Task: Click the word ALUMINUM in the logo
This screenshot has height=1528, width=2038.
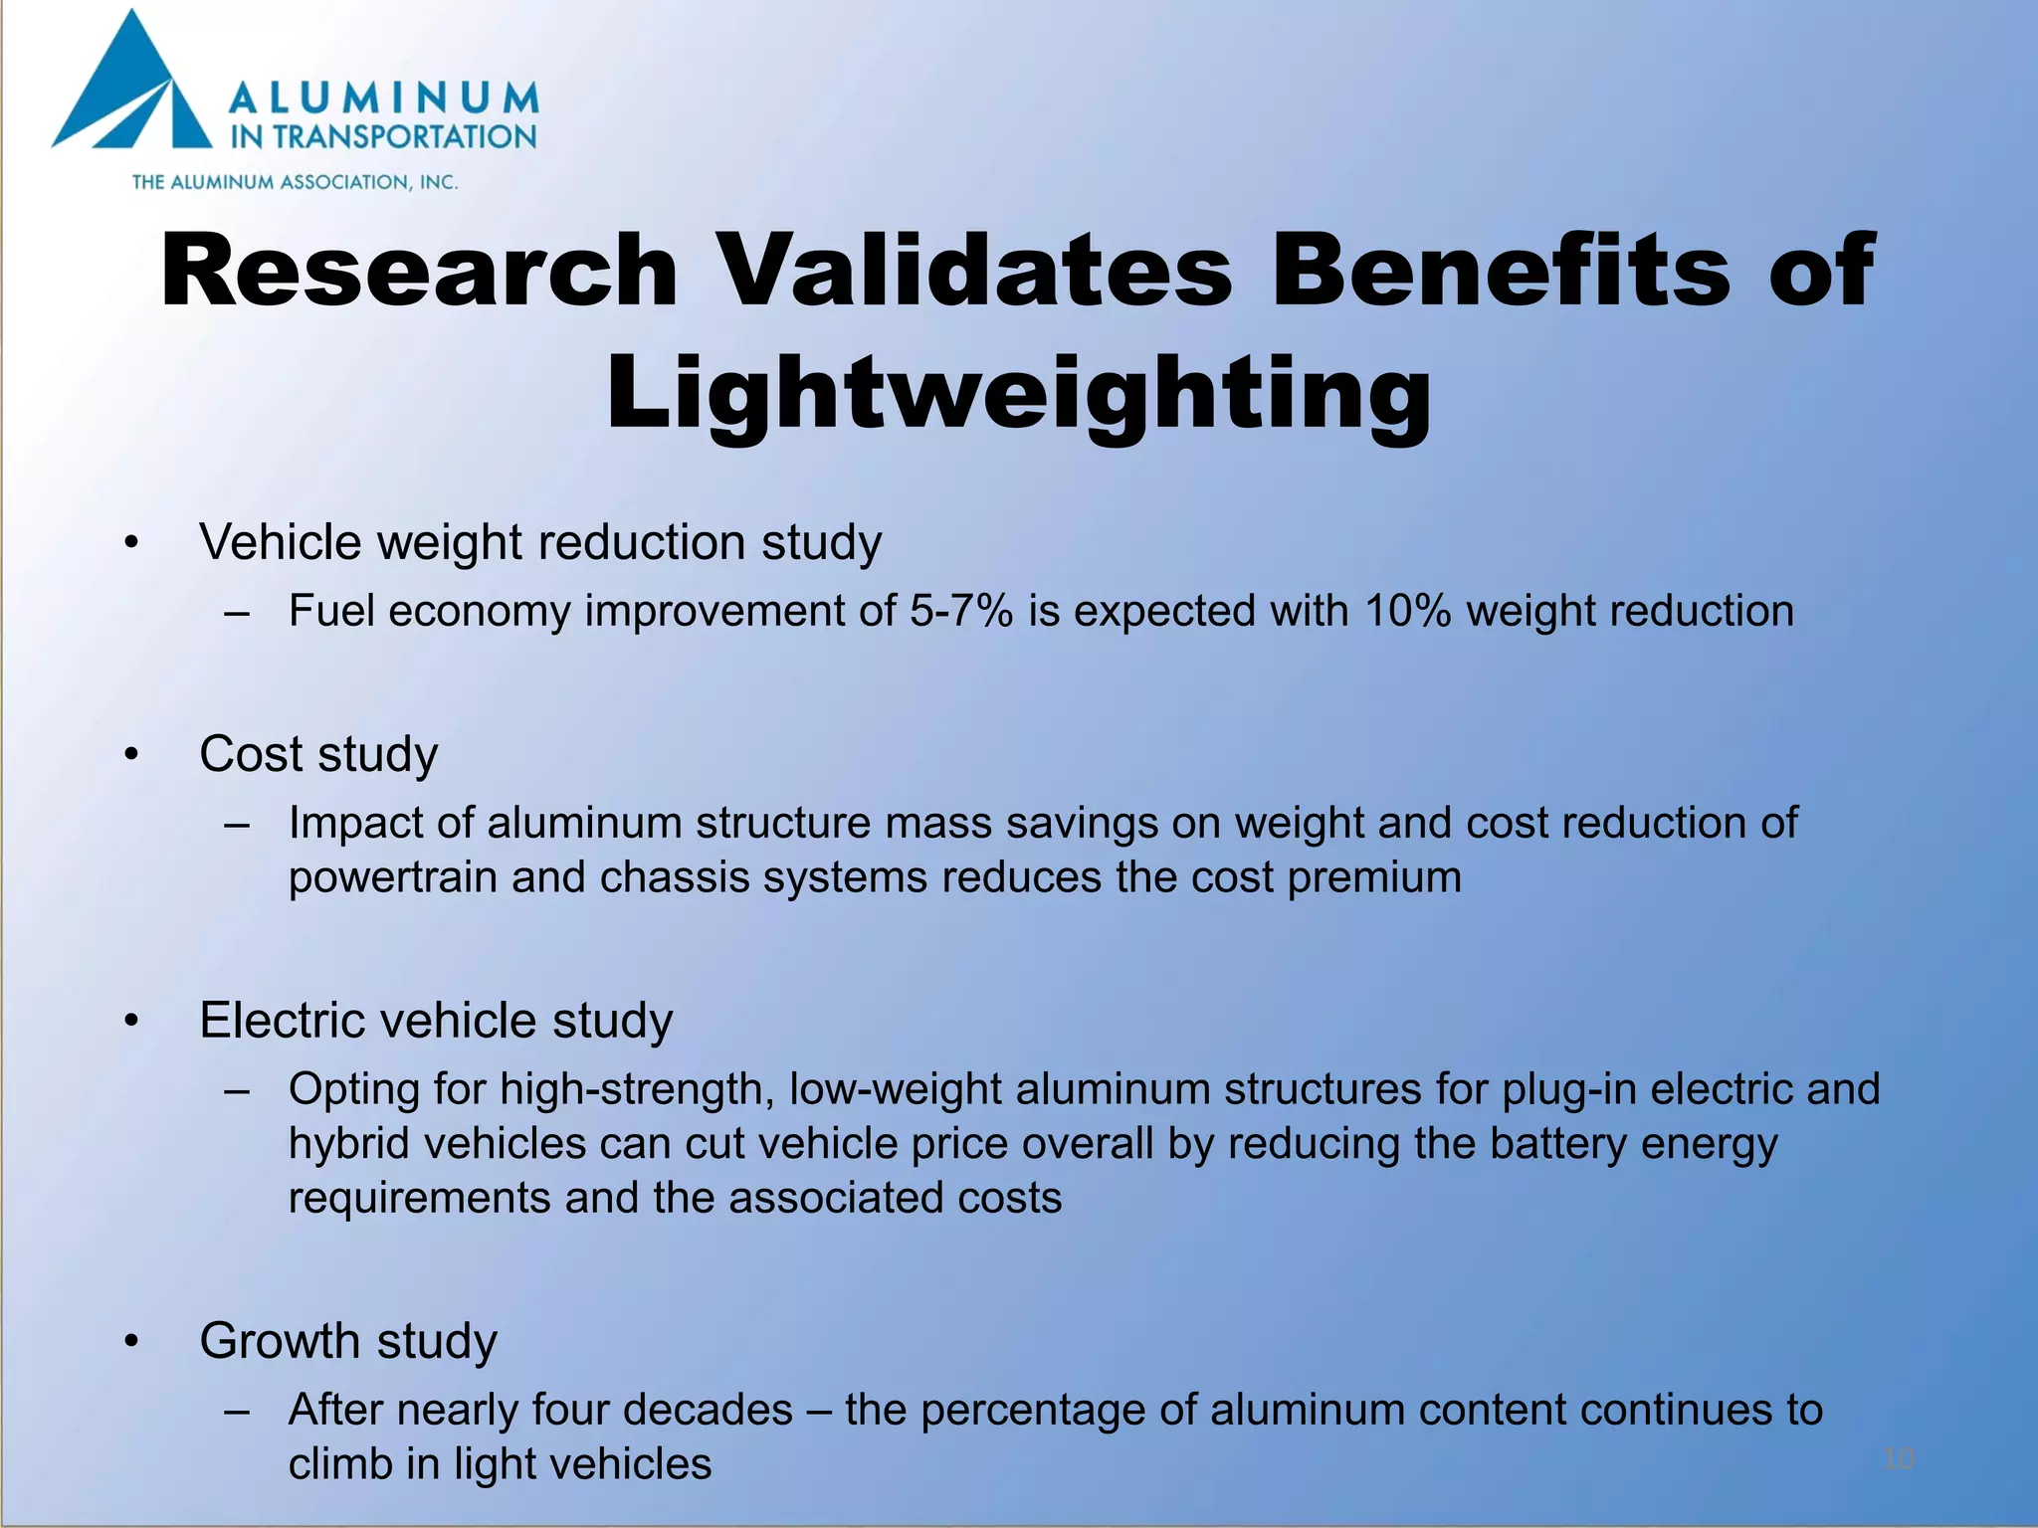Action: (384, 99)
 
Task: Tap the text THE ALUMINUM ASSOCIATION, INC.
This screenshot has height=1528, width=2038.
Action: (295, 182)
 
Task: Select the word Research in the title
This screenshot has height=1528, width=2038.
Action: (419, 271)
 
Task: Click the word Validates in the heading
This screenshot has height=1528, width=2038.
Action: (975, 271)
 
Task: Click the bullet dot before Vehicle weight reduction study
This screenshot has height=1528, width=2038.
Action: (131, 543)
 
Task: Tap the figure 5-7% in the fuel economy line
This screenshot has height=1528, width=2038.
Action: (960, 611)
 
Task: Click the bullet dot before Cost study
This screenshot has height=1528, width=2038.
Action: (131, 755)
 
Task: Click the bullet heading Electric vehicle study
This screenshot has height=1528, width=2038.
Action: (436, 1021)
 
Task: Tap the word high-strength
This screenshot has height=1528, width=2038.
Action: (637, 1089)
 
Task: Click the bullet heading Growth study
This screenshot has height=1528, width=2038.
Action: (348, 1341)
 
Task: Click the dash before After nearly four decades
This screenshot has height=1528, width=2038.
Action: (236, 1411)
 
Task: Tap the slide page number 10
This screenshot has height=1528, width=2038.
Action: (1899, 1459)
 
